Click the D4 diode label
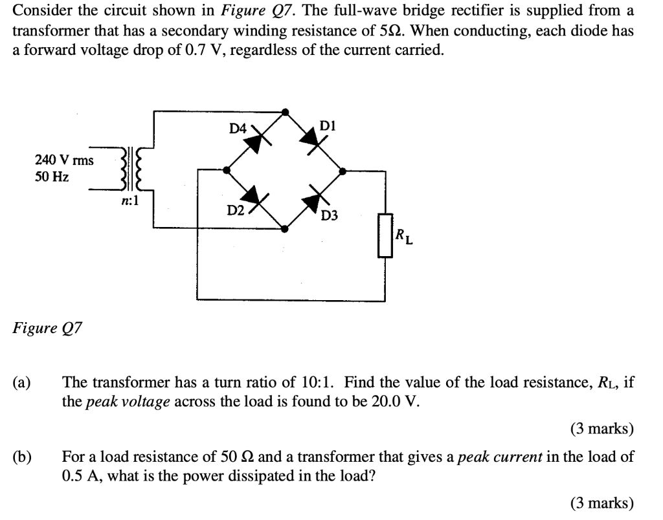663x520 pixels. tap(238, 129)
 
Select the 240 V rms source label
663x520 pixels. tap(64, 160)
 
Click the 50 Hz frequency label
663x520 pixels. tap(52, 176)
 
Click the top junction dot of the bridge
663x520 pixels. tap(286, 112)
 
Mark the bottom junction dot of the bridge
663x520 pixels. tap(286, 228)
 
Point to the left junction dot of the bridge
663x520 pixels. tap(226, 170)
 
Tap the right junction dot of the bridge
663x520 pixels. tap(343, 171)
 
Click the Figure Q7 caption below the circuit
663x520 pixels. tap(47, 328)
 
